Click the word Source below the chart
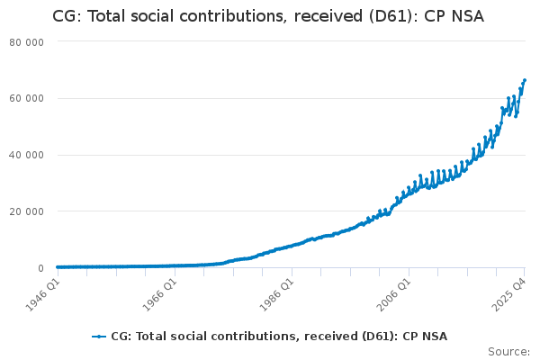507,351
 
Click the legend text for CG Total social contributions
279,337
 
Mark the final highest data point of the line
525,80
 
